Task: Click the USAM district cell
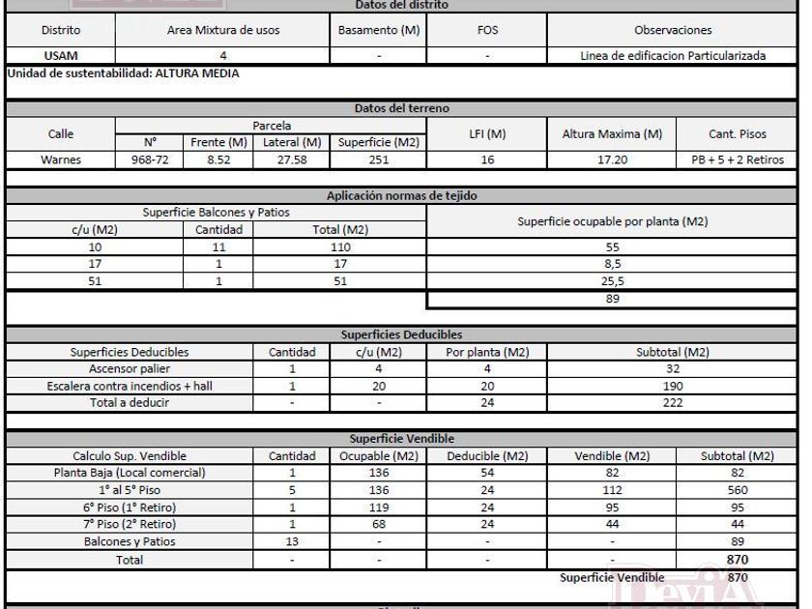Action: (x=60, y=56)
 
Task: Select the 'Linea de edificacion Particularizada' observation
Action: (x=672, y=56)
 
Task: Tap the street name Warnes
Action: (x=60, y=159)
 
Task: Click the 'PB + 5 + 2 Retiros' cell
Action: (x=738, y=159)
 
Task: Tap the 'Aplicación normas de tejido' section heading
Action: (x=402, y=195)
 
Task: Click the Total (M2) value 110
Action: (x=339, y=247)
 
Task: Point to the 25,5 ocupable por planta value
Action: (x=613, y=282)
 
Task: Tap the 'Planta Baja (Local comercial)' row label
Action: (x=130, y=473)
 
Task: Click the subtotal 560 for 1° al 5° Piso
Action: (x=738, y=490)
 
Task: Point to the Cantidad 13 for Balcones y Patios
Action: (x=292, y=542)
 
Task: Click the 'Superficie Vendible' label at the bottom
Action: (x=613, y=577)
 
